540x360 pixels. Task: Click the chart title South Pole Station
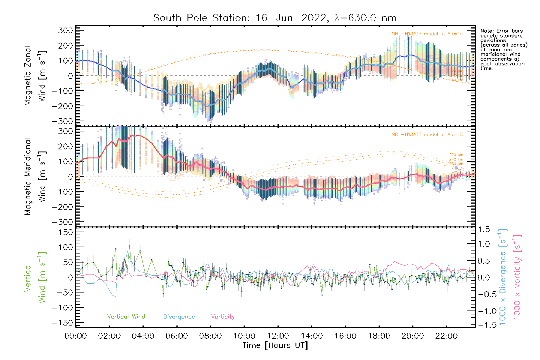[275, 18]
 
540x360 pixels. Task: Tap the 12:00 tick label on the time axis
[278, 336]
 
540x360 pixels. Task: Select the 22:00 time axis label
[446, 336]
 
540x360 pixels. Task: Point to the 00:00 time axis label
[76, 336]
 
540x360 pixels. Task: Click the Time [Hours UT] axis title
[275, 345]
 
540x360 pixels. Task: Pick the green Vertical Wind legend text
[126, 316]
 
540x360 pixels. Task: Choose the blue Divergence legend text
[179, 316]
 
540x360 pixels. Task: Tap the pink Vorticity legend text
[223, 316]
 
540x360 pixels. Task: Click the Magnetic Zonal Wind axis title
[35, 76]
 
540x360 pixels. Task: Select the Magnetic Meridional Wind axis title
[35, 177]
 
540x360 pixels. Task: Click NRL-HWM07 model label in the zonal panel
[427, 34]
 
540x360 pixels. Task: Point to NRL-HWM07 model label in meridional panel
[427, 135]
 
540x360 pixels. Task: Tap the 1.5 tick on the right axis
[484, 229]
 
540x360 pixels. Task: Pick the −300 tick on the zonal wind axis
[63, 121]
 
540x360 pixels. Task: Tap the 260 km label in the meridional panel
[456, 164]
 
